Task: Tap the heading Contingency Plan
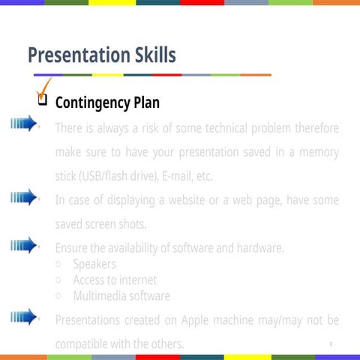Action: (107, 102)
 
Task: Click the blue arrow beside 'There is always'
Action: (22, 124)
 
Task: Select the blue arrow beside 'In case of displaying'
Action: (24, 197)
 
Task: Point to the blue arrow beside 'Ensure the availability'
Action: (24, 245)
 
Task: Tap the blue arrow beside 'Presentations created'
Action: (24, 317)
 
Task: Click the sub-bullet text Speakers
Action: (94, 264)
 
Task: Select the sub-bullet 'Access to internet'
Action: (115, 280)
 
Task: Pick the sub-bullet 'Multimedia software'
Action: (121, 295)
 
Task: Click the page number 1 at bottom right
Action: (330, 343)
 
